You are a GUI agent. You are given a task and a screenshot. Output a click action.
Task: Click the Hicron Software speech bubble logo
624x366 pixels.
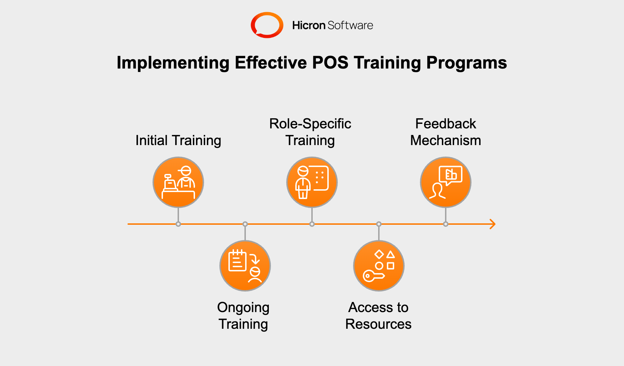coord(267,25)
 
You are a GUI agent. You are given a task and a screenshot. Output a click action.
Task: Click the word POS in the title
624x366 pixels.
coord(330,63)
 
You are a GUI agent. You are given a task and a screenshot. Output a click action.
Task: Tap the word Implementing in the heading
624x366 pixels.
coord(173,63)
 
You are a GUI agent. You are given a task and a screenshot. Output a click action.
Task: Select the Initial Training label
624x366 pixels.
coord(178,141)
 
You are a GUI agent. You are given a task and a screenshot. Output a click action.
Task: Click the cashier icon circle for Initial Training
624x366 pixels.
coord(178,182)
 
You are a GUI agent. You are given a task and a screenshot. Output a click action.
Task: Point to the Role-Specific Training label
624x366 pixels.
coord(310,132)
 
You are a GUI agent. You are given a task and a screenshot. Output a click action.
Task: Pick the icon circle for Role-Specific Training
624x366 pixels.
coord(312,182)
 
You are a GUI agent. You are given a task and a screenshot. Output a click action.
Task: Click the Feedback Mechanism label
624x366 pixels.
coord(446,132)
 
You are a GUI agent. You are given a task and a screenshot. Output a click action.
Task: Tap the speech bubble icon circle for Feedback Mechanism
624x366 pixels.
coord(446,182)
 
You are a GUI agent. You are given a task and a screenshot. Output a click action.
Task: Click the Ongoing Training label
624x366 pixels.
coord(243,316)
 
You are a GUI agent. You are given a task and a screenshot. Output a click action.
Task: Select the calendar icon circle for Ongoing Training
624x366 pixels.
coord(245,266)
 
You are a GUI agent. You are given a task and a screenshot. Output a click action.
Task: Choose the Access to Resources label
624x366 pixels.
coord(379,316)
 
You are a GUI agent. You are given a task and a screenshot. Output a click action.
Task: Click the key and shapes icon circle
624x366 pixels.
coord(379,266)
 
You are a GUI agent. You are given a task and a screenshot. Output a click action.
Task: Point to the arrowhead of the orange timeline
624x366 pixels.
coord(493,224)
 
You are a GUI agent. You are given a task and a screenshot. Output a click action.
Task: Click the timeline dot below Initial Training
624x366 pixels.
coord(178,224)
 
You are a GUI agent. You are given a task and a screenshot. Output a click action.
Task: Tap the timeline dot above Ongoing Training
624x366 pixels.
coord(245,224)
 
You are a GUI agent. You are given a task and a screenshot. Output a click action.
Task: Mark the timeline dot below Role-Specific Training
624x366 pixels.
coord(312,224)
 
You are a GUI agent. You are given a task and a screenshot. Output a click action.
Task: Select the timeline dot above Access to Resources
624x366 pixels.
coord(379,224)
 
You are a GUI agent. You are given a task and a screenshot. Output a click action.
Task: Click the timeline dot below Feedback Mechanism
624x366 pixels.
coord(446,224)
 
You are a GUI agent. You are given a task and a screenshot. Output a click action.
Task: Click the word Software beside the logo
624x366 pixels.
coord(350,25)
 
